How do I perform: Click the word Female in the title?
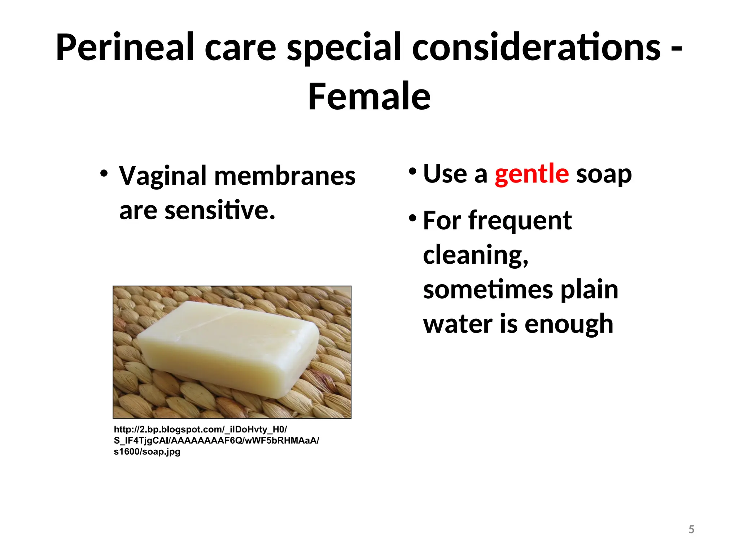369,97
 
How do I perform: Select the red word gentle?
532,174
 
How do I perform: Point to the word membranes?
285,176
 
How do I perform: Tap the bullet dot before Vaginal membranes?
104,173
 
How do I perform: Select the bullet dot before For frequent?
412,217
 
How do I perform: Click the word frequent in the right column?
520,221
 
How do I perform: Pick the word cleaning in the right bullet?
475,255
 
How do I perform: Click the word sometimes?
488,290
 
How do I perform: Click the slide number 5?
691,529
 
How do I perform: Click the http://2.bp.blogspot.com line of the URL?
200,430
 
